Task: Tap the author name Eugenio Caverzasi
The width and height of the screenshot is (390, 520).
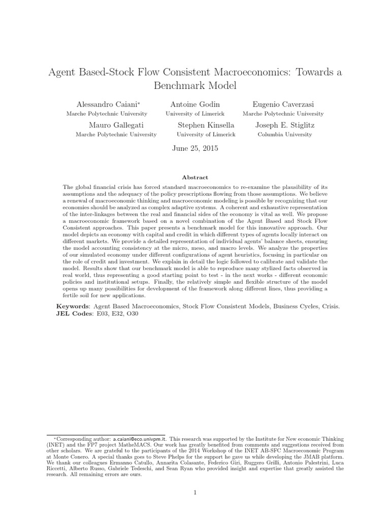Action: coord(283,104)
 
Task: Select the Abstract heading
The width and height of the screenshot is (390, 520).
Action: coord(195,177)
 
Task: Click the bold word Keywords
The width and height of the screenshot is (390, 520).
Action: coord(73,307)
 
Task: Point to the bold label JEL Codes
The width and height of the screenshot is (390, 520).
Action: coord(74,314)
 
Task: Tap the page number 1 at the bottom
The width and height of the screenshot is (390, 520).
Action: coord(195,493)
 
